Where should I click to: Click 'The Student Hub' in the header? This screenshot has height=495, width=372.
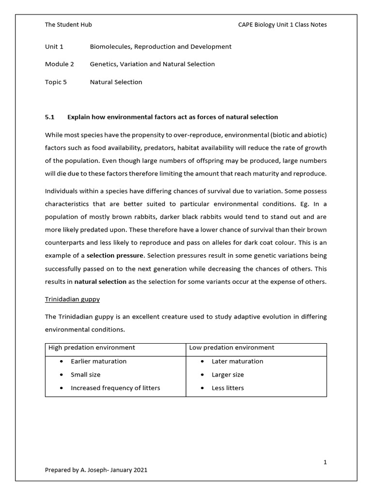tap(68, 25)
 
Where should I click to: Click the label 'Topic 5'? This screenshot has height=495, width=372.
tap(56, 82)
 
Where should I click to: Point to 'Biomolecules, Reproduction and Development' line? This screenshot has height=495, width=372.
tap(160, 47)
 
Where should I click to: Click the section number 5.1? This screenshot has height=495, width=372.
tap(50, 117)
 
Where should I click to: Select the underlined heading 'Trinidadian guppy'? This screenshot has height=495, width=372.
tap(72, 299)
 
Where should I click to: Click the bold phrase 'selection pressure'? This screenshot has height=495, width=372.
tap(115, 255)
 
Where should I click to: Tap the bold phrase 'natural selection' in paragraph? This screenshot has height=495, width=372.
tap(100, 281)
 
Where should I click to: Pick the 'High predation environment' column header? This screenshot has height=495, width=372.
tap(92, 348)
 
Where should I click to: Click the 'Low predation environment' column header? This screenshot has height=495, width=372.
tap(232, 348)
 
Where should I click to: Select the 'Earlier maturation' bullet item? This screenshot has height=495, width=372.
tap(98, 361)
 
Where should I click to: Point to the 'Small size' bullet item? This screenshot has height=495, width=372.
tap(86, 375)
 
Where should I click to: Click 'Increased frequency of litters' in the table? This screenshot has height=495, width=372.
tap(115, 388)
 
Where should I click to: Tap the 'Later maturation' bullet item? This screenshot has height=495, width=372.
tap(237, 361)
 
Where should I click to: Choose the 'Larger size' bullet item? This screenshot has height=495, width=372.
tap(228, 375)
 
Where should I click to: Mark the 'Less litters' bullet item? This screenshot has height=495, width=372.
tap(228, 388)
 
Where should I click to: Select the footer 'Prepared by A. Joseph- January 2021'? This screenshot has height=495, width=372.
tap(96, 470)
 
